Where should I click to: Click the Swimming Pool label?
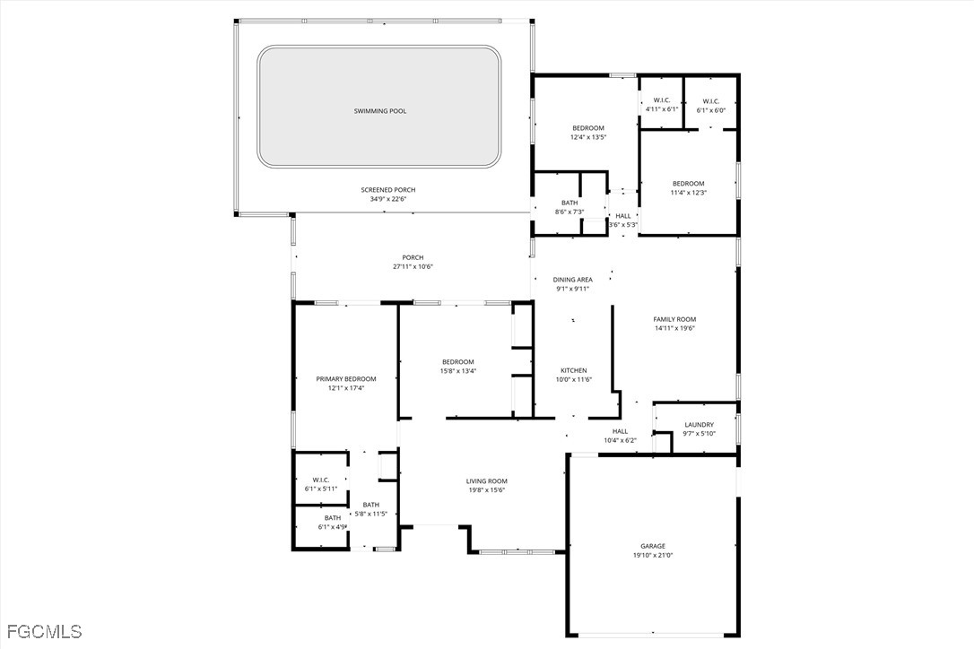(380, 111)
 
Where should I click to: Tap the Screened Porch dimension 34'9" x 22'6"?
(388, 199)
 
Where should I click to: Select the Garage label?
(653, 547)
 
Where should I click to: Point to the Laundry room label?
(700, 425)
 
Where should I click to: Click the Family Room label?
(674, 319)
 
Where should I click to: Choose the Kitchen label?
(573, 370)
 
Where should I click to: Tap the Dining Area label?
(572, 280)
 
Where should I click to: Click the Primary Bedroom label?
(346, 379)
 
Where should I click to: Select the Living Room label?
(487, 480)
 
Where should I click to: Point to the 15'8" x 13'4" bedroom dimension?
(457, 371)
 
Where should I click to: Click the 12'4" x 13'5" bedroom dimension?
(587, 137)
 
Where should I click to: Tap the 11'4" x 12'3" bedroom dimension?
(688, 193)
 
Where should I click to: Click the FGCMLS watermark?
(41, 632)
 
